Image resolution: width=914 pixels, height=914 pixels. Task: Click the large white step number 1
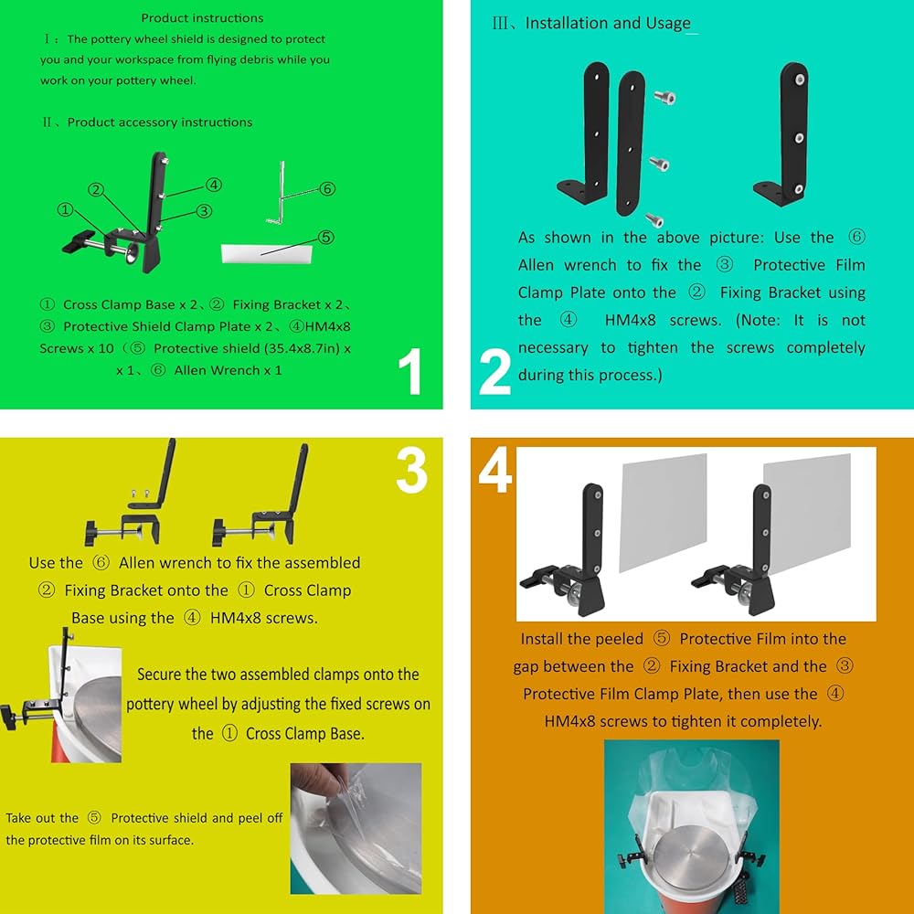click(x=410, y=371)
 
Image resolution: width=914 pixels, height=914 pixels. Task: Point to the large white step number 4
click(x=494, y=470)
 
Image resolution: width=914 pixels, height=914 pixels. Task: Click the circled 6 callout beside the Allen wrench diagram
click(x=327, y=189)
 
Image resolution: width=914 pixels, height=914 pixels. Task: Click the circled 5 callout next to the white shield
click(x=326, y=238)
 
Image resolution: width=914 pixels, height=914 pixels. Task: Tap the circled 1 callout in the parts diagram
click(x=65, y=210)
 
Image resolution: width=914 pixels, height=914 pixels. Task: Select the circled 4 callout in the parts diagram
click(x=214, y=185)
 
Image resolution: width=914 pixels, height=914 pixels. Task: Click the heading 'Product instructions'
click(x=202, y=18)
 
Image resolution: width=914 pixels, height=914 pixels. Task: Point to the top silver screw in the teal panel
click(x=664, y=98)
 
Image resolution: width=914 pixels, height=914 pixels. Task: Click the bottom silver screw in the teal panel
click(x=654, y=219)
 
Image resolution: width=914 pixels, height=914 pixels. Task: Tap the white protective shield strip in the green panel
click(x=266, y=253)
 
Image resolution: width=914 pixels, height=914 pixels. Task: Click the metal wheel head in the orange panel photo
click(x=691, y=853)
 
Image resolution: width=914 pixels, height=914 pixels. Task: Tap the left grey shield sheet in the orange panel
click(x=663, y=513)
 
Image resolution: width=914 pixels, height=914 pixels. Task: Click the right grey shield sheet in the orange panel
click(x=807, y=513)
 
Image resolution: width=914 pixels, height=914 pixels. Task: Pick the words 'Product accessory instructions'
click(x=160, y=122)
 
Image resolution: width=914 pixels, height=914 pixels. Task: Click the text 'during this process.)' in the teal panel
click(x=590, y=375)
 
